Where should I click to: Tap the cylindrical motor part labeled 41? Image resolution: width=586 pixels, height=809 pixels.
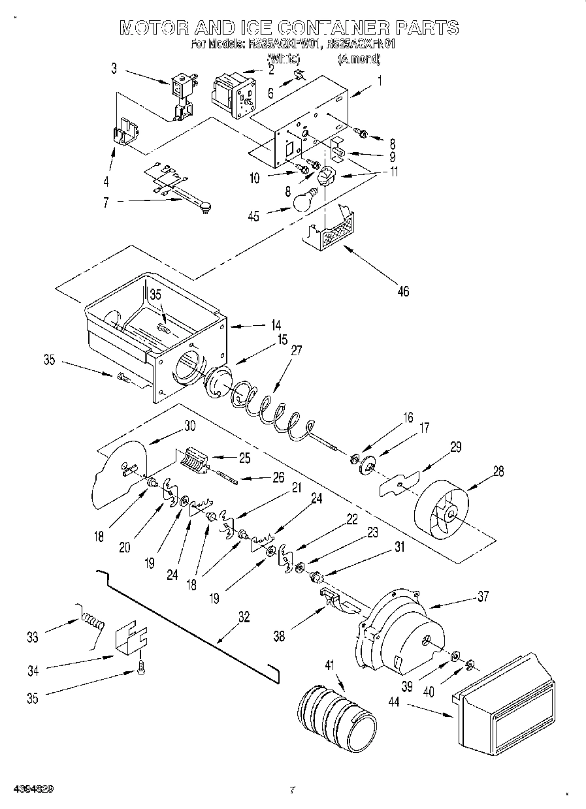(337, 717)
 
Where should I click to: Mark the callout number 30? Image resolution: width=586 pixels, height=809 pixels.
(189, 425)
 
